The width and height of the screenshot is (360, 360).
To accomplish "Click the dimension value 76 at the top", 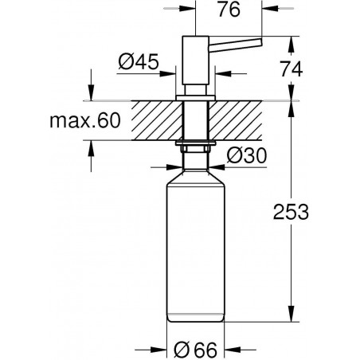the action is click(x=229, y=10).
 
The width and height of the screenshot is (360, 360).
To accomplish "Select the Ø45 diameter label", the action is click(x=139, y=61).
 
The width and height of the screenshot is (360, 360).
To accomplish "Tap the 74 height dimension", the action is click(x=292, y=69).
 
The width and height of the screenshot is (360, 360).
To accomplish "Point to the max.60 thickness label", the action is click(x=85, y=121).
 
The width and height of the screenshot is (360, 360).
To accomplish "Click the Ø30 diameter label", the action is click(x=247, y=155).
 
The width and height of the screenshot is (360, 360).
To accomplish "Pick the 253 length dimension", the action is click(x=291, y=212).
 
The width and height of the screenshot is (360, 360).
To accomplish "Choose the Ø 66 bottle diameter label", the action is click(x=196, y=350).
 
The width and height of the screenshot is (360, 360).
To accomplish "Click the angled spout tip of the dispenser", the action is click(x=260, y=42).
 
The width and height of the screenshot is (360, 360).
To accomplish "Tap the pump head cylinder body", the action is click(x=195, y=61).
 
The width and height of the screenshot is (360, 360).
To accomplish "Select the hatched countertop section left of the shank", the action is click(x=157, y=120).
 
